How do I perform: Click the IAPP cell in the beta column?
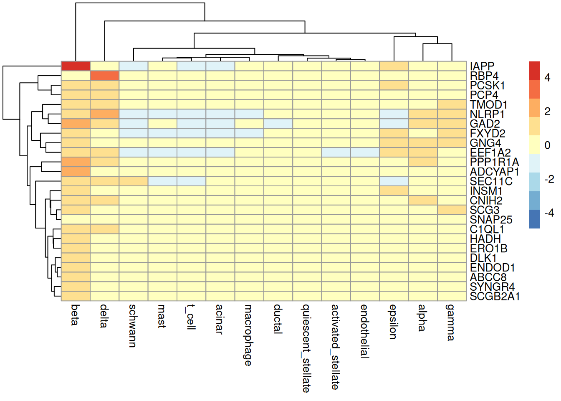coord(76,66)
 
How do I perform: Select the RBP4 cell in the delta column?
coord(105,76)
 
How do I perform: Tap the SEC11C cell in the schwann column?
coord(134,181)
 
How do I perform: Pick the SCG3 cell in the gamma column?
coord(452,210)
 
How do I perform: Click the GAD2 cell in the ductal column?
coord(278,124)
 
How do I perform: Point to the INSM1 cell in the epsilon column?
coord(394,191)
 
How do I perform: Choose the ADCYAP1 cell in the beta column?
coord(76,172)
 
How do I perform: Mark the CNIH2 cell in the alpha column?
coord(423,200)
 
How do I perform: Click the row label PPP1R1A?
coord(494,162)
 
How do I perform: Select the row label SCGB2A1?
coord(495,297)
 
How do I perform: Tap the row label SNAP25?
coord(491,220)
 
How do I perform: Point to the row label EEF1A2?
coord(490,152)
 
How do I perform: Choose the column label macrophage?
coord(248,335)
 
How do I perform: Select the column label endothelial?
coord(364,331)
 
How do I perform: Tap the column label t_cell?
coord(191,317)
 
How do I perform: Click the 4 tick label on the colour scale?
coord(548,78)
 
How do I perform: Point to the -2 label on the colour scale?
coord(549,179)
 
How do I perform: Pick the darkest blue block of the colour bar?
coord(534,219)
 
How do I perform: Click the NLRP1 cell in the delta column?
coord(105,114)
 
